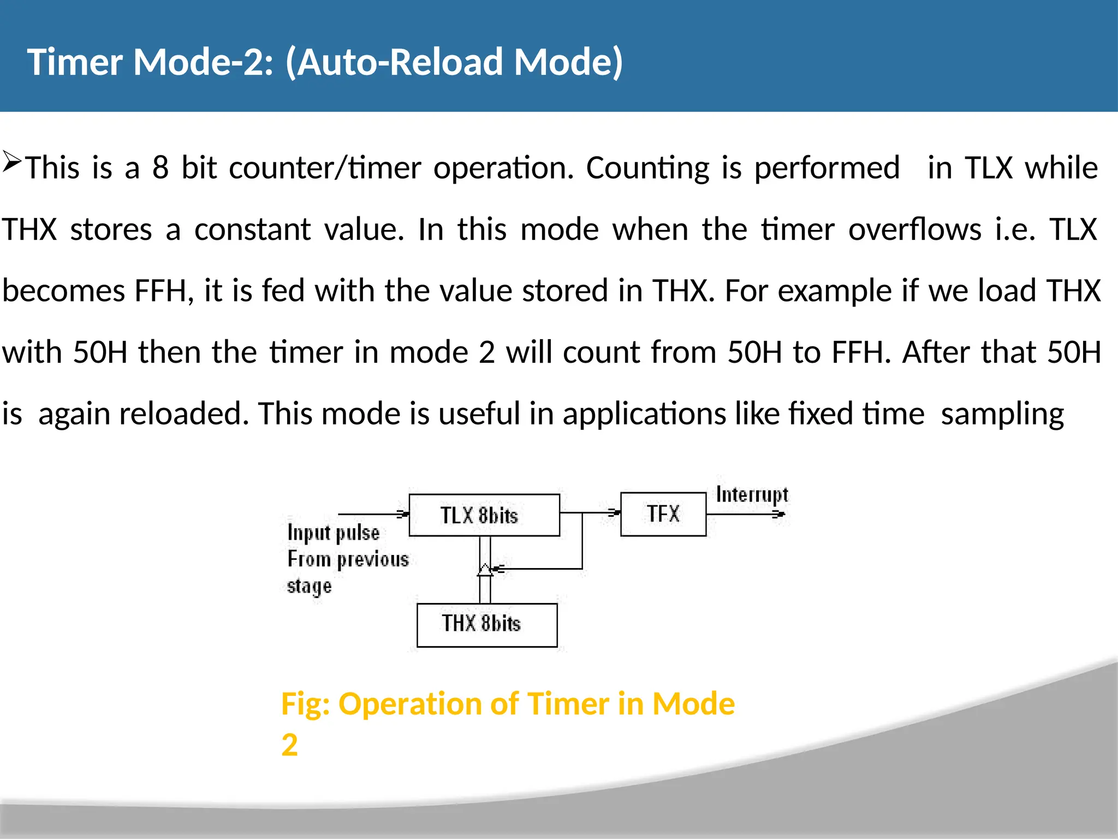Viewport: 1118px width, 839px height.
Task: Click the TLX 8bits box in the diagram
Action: tap(484, 515)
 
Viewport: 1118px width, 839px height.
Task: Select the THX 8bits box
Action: tap(486, 625)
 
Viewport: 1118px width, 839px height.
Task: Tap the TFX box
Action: tap(663, 514)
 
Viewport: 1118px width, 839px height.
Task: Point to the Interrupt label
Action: tap(752, 495)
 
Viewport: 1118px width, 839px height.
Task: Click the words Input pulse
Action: tap(333, 533)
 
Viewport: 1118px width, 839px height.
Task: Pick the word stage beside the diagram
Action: tap(309, 587)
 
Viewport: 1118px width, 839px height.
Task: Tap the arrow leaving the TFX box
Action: tap(780, 514)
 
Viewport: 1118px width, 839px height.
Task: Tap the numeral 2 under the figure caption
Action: tap(289, 745)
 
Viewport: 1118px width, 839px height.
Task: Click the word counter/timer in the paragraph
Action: tap(325, 168)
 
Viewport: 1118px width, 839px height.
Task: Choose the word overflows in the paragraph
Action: tap(915, 229)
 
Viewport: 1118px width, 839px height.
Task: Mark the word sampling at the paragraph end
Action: tap(1002, 415)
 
